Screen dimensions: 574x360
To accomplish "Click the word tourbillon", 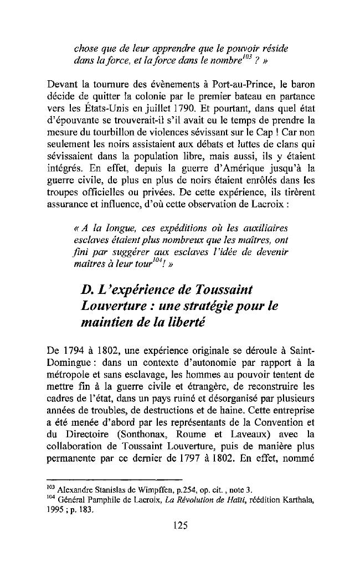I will pyautogui.click(x=130, y=133).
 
